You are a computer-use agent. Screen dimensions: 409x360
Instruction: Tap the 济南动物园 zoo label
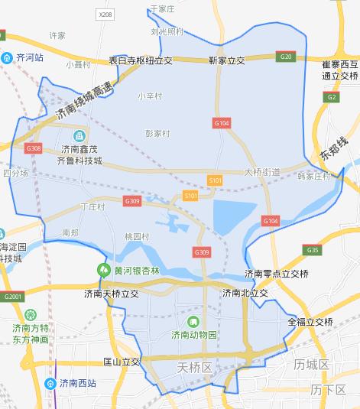click(x=194, y=334)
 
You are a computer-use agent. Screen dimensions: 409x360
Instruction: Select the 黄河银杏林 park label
click(x=131, y=269)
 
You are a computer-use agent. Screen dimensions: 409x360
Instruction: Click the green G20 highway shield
click(x=286, y=57)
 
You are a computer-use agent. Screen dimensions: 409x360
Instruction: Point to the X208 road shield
click(x=105, y=15)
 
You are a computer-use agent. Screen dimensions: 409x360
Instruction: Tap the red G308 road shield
click(x=34, y=148)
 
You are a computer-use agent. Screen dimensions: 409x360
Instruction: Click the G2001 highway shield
click(x=11, y=297)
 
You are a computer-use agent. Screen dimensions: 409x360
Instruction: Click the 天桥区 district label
click(x=193, y=368)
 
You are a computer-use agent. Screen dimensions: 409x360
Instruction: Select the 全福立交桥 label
click(x=310, y=321)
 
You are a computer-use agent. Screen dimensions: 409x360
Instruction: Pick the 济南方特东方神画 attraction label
click(x=31, y=333)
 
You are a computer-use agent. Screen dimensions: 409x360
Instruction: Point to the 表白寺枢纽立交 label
click(x=141, y=60)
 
